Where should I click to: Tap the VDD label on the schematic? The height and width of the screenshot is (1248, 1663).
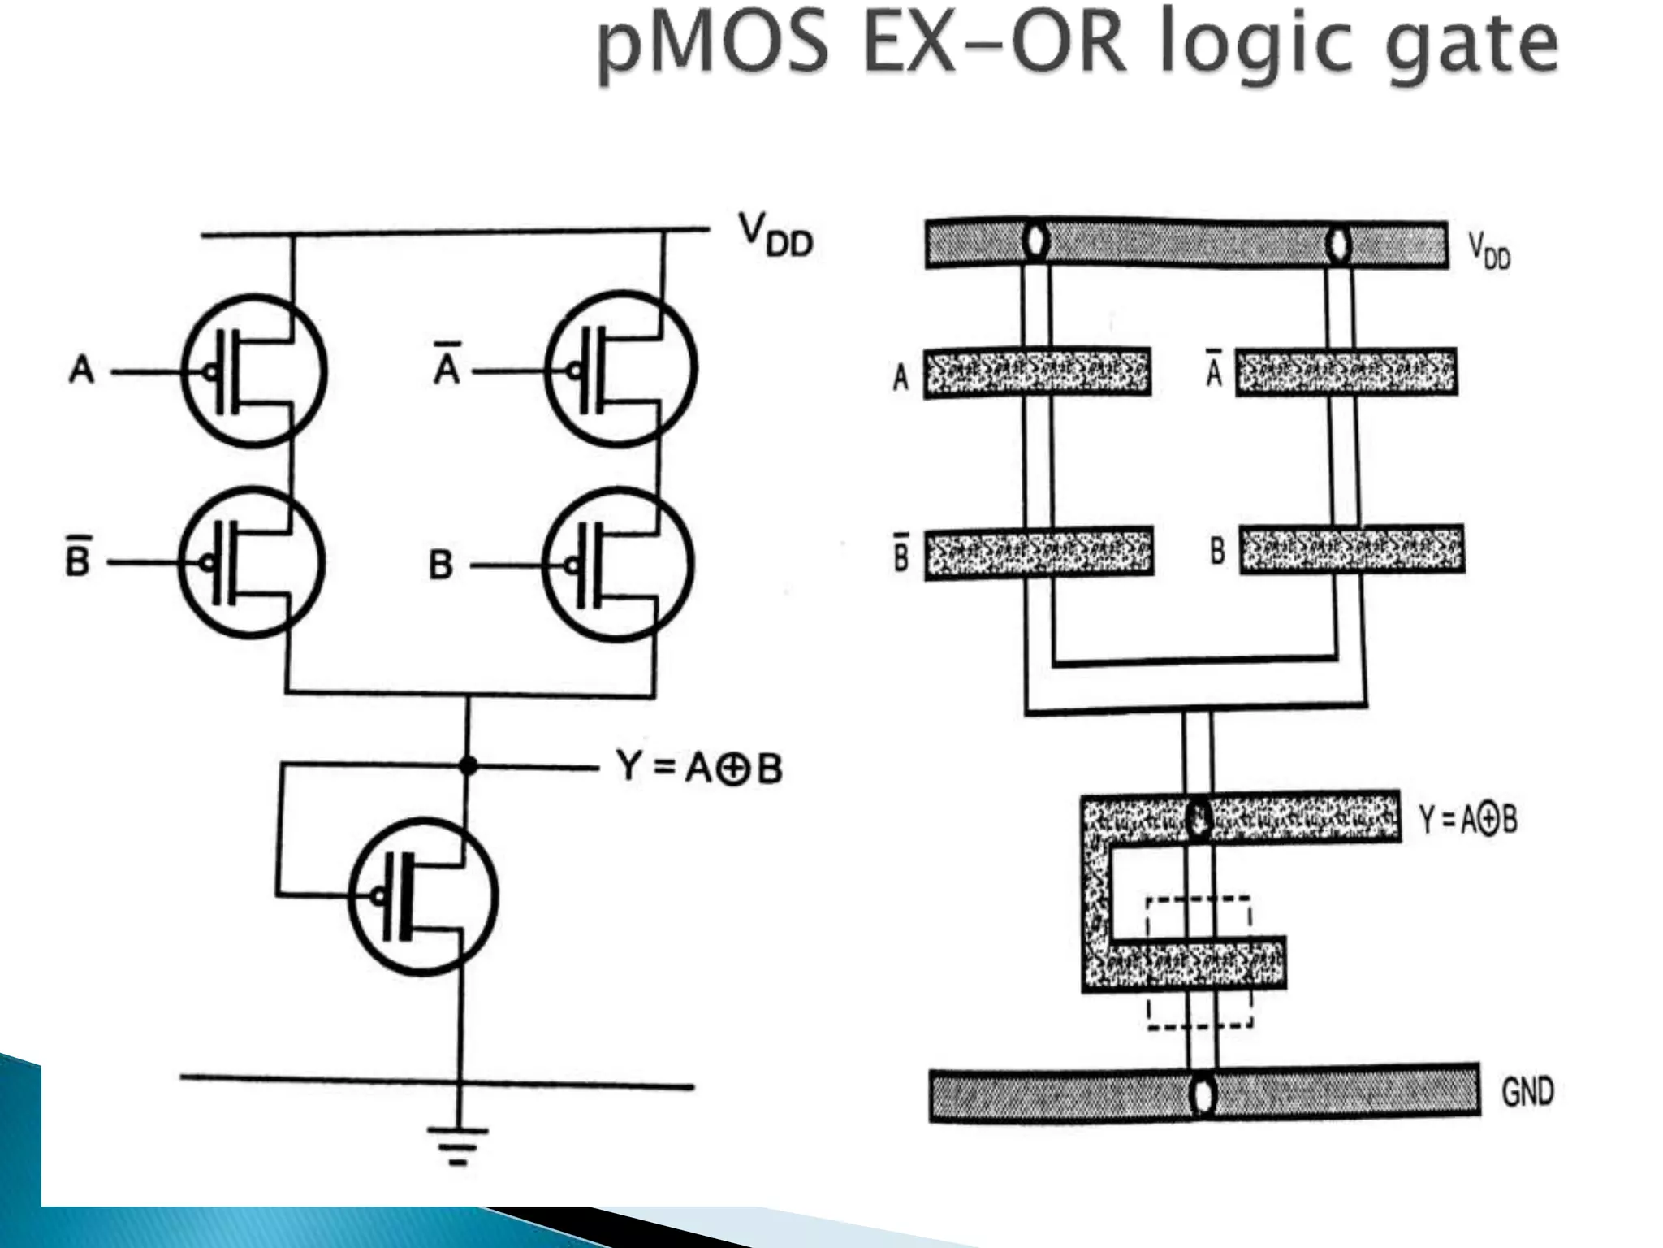(x=775, y=235)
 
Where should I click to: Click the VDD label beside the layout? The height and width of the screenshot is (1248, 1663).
(x=1488, y=250)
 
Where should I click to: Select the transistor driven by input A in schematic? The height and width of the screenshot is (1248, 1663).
(x=253, y=370)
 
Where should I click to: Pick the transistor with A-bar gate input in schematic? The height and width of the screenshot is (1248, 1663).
(x=620, y=370)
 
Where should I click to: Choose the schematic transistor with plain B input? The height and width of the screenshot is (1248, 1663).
(x=618, y=564)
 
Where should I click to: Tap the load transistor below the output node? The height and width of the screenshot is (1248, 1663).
(x=423, y=896)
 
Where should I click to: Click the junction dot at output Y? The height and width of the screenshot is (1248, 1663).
(x=467, y=765)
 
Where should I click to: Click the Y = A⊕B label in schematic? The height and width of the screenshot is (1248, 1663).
(x=699, y=766)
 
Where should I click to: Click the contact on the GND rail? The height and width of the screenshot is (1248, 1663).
(x=1202, y=1094)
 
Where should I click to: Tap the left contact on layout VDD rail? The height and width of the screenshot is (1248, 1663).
(x=1035, y=242)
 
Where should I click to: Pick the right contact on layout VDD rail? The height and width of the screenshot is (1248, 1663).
(x=1337, y=243)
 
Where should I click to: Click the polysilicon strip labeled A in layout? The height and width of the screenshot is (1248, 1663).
(x=1038, y=373)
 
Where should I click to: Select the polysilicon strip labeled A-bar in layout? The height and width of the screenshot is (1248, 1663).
(x=1346, y=372)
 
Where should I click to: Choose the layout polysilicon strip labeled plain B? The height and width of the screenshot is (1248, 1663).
(x=1352, y=550)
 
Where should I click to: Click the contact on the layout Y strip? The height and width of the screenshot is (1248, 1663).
(x=1198, y=818)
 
